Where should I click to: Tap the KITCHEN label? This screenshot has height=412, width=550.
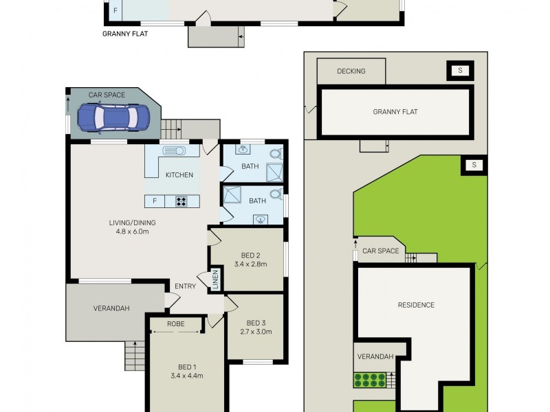179,175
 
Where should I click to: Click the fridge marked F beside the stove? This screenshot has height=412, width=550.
155,201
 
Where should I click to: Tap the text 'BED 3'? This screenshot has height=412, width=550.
256,323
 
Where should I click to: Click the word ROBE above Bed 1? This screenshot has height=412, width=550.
176,323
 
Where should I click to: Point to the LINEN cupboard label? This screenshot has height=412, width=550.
214,279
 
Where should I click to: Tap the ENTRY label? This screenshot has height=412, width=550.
185,286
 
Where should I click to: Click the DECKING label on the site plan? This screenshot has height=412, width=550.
351,71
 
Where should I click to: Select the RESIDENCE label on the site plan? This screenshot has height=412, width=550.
416,305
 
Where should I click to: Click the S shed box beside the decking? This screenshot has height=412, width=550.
460,70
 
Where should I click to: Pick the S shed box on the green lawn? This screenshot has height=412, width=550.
474,165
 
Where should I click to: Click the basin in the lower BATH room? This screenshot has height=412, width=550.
262,219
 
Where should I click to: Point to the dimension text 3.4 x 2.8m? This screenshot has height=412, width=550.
250,264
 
